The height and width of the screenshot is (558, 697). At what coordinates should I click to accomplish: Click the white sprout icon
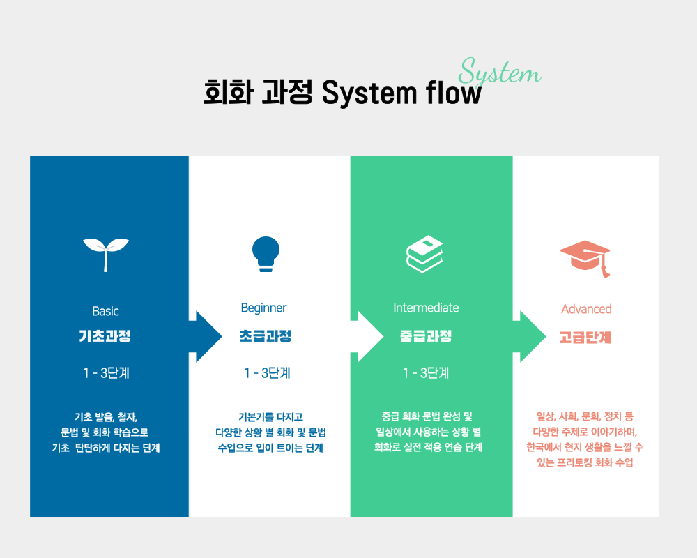(x=105, y=252)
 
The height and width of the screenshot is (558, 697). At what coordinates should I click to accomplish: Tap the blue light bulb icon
(x=266, y=254)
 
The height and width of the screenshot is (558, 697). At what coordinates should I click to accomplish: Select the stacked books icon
(x=424, y=254)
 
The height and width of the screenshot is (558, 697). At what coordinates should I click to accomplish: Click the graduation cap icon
(x=585, y=258)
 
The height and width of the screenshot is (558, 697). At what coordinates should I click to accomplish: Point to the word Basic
(x=105, y=311)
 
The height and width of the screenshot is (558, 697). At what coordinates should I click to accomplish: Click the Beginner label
(x=263, y=308)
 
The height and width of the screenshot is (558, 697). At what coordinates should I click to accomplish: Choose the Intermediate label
(x=426, y=308)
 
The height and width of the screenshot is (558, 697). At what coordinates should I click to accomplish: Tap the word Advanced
(x=586, y=309)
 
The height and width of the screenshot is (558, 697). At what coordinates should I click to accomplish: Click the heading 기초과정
(x=105, y=336)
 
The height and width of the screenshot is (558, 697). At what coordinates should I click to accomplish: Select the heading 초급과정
(x=266, y=336)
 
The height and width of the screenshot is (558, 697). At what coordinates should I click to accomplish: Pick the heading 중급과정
(x=426, y=336)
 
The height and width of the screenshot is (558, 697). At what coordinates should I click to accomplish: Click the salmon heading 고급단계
(x=585, y=338)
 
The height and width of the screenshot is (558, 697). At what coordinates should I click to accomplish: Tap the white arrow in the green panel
(x=367, y=336)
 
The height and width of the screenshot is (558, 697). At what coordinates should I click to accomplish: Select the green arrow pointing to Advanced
(x=530, y=336)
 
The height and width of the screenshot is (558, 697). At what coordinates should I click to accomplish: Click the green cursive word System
(x=500, y=72)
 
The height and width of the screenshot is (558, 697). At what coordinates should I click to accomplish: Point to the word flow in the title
(x=454, y=93)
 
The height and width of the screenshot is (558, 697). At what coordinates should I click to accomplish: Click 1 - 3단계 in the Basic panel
(x=106, y=373)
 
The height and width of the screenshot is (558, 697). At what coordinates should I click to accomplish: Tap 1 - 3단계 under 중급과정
(x=426, y=373)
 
